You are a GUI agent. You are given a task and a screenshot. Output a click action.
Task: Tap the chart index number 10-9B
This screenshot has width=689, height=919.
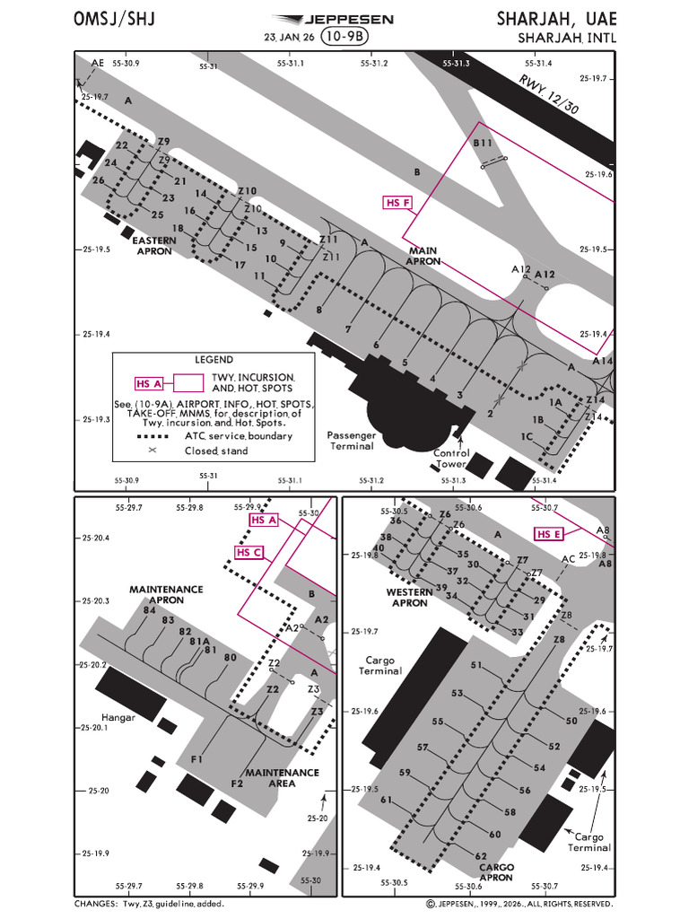(x=345, y=36)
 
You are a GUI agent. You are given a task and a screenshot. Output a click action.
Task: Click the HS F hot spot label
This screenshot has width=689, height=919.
(x=397, y=203)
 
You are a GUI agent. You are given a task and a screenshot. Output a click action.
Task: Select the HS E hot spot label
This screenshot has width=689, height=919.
(x=550, y=534)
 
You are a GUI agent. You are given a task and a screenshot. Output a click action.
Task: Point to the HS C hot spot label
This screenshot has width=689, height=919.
(x=249, y=552)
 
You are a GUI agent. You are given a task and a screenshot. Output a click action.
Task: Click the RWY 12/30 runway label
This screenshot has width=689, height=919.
(x=549, y=93)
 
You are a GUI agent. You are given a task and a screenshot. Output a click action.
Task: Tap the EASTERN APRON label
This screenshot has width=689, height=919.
(x=154, y=246)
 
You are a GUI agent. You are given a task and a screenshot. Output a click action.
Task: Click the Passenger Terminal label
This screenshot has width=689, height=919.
(x=352, y=441)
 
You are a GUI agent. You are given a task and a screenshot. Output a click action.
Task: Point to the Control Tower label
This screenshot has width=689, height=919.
(x=451, y=459)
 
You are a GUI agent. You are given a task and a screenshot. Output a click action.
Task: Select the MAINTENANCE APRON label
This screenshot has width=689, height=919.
(x=166, y=594)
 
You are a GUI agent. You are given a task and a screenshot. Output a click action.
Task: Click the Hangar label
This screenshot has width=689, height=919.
(x=118, y=717)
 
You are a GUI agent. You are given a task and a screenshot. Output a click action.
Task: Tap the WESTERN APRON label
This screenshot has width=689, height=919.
(x=409, y=597)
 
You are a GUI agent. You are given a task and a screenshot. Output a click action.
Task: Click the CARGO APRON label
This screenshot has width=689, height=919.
(x=496, y=872)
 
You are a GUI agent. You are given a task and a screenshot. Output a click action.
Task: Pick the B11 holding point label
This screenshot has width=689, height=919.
(x=483, y=143)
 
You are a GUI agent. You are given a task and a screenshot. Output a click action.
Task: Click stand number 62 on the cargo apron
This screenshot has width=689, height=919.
(x=481, y=855)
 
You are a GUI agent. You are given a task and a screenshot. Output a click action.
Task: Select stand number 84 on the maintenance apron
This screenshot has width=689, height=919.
(x=150, y=610)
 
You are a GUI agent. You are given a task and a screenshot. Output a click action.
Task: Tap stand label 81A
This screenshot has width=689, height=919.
(x=199, y=641)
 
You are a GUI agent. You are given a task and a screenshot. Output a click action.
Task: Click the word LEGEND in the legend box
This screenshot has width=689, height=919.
(x=214, y=360)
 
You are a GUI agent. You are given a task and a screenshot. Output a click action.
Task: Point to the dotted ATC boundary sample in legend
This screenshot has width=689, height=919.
(x=153, y=437)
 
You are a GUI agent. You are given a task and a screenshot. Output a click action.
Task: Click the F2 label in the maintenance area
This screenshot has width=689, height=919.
(x=237, y=783)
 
